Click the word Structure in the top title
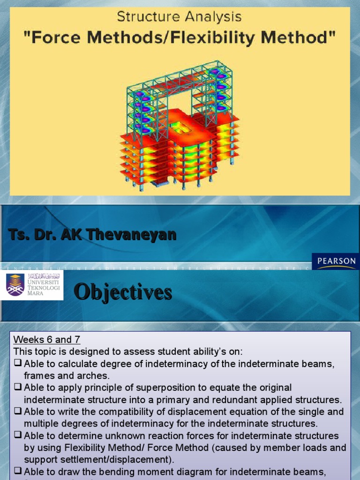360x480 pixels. coord(144,17)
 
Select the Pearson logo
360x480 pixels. coord(335,261)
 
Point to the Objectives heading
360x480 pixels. coord(123,292)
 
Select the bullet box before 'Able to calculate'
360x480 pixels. coord(18,364)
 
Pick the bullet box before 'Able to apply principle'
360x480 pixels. coord(18,388)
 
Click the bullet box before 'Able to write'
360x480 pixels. coord(18,412)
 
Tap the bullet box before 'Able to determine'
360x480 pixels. coord(18,436)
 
